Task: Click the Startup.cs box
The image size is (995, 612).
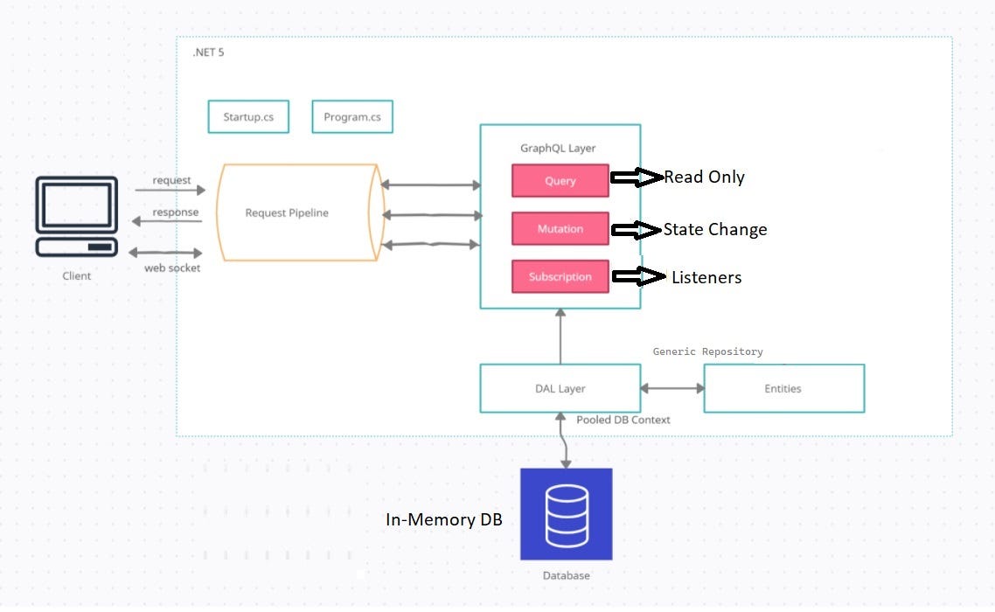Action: click(248, 117)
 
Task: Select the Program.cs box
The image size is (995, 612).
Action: click(351, 117)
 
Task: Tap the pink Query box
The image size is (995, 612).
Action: click(560, 181)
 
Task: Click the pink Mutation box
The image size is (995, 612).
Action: click(560, 229)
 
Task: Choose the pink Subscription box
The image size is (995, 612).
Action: click(560, 277)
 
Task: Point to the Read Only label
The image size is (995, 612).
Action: click(704, 177)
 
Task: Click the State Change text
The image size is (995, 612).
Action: click(714, 230)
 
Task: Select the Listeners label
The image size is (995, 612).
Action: click(706, 278)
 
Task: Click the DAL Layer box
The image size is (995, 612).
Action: click(560, 389)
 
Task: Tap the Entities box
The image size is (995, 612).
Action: click(783, 389)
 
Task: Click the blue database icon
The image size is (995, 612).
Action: click(566, 514)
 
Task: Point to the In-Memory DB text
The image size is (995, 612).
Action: click(444, 519)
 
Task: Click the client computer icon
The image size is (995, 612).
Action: click(76, 217)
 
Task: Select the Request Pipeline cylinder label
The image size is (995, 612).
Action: click(287, 212)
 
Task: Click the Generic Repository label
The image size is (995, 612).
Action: click(707, 351)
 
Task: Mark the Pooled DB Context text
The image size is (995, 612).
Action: click(623, 420)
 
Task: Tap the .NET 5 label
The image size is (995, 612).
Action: click(208, 53)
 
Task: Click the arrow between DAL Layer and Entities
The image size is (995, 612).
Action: click(671, 388)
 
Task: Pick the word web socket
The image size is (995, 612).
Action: click(172, 268)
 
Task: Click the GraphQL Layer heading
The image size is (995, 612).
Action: click(559, 148)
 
